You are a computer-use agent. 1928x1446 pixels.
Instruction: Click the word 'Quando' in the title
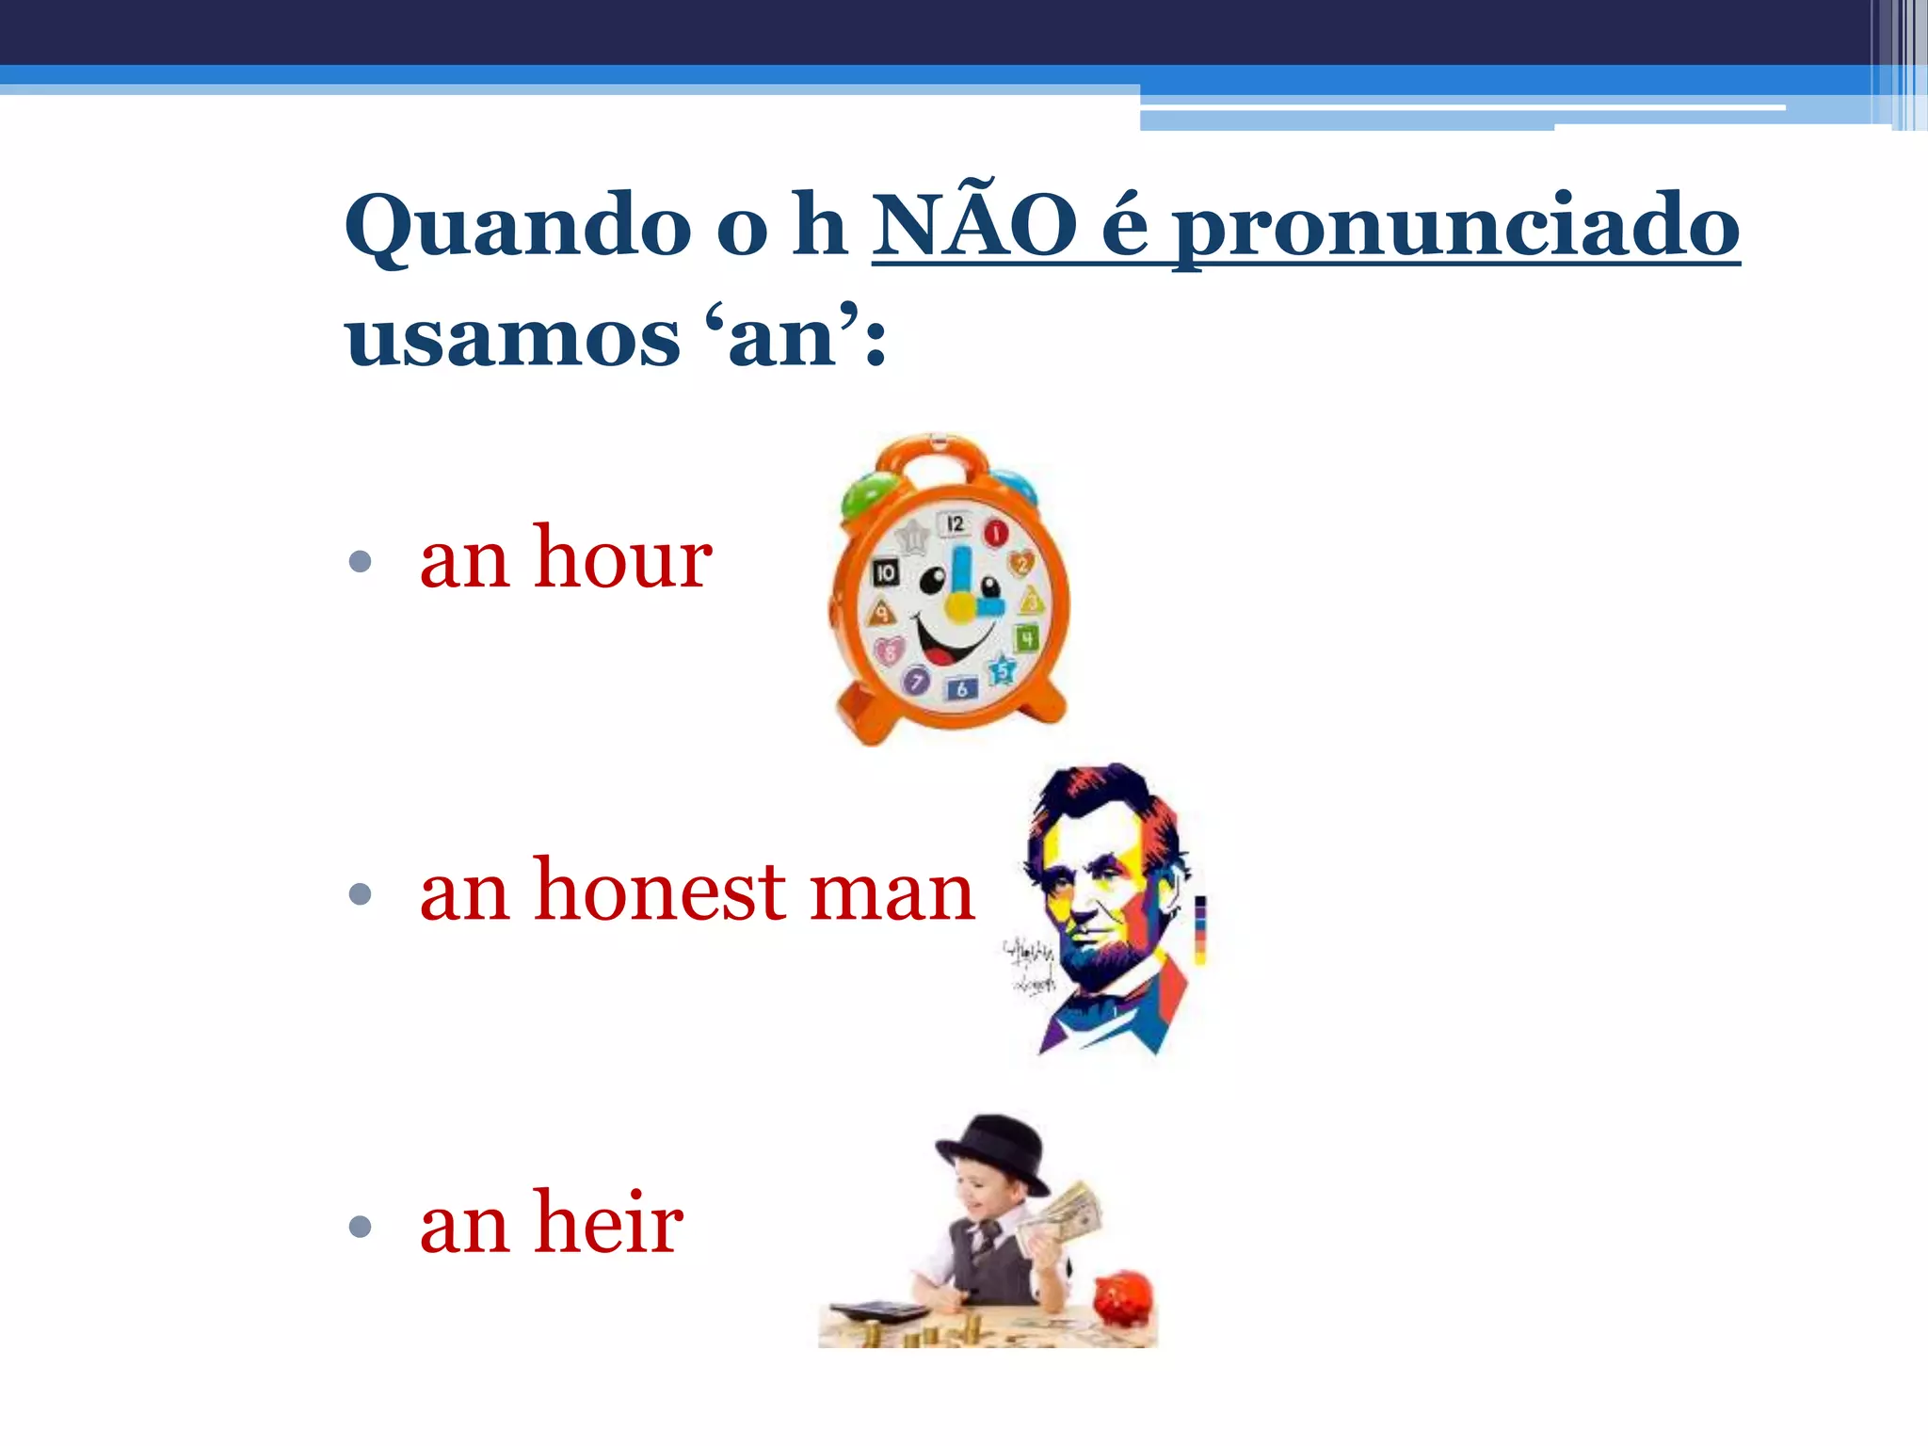[519, 226]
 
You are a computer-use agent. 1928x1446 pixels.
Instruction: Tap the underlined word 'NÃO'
[974, 226]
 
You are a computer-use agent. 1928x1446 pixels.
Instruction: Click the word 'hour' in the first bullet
[622, 558]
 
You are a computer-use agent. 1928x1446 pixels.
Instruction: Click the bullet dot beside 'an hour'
[360, 562]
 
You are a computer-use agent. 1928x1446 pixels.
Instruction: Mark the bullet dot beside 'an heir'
[360, 1226]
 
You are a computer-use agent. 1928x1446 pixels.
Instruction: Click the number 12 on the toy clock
[956, 523]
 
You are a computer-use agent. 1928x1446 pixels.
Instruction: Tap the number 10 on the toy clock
[886, 571]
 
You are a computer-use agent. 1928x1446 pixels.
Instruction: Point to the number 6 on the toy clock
[961, 689]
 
